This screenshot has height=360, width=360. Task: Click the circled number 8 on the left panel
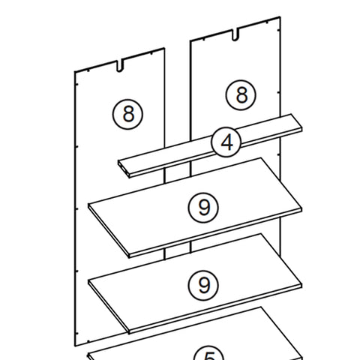[127, 113]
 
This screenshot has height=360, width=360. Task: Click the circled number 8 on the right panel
[241, 95]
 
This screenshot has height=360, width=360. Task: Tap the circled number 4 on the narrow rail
[225, 142]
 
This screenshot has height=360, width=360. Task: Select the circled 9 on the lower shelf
[202, 284]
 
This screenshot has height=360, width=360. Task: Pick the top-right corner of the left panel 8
[164, 50]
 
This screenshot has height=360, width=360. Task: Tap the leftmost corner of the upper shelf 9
[88, 208]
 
